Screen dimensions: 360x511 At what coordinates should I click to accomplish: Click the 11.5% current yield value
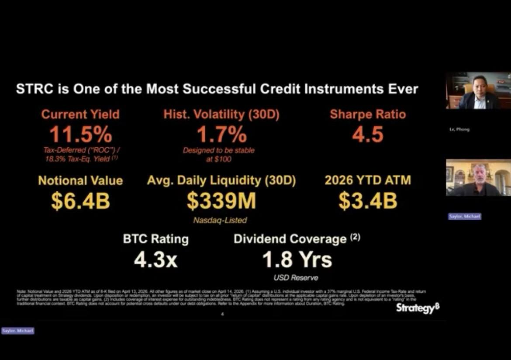pos(80,135)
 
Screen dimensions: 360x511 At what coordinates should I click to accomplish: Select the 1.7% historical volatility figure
pos(221,135)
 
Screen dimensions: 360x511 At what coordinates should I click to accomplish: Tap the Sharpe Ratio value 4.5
pos(368,135)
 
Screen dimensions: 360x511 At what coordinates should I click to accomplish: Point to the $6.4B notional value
pos(80,201)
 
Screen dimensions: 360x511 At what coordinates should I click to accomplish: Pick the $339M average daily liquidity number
pos(221,201)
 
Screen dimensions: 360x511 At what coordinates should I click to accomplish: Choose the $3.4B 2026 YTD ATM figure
pos(368,201)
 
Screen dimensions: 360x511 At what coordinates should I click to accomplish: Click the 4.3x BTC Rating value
pos(155,260)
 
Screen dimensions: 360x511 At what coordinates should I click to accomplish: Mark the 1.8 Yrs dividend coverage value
pos(297,260)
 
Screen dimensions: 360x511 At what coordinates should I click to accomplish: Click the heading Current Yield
pos(80,114)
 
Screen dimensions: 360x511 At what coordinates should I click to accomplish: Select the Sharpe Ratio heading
pos(368,114)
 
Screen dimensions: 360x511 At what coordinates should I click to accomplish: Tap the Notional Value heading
pos(80,180)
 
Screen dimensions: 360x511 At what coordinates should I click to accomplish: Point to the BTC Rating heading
pos(155,239)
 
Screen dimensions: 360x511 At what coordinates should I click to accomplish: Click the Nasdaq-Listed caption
pos(220,220)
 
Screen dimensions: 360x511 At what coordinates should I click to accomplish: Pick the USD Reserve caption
pos(296,278)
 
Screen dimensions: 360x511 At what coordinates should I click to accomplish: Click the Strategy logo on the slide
pos(418,308)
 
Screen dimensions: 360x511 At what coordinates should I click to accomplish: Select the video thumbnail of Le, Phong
pos(478,90)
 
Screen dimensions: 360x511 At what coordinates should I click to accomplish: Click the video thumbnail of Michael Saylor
pos(478,177)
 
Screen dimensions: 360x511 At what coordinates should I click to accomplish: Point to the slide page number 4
pos(222,314)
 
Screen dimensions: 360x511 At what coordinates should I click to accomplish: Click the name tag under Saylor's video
pos(465,216)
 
